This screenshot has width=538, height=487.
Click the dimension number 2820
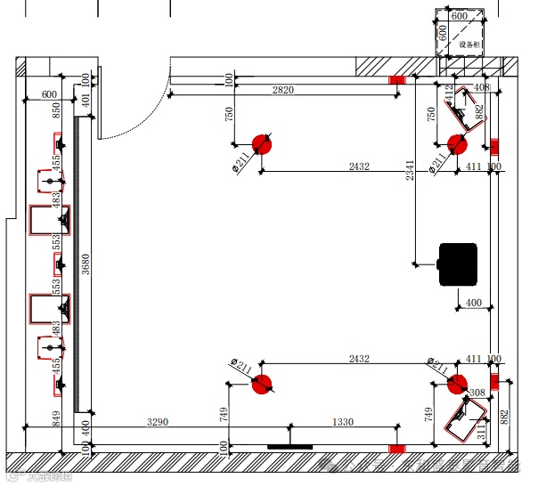[283, 91]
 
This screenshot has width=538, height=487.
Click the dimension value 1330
[343, 422]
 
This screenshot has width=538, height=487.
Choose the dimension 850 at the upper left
[56, 110]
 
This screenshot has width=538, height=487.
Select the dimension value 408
[482, 87]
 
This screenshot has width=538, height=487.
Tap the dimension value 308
[477, 393]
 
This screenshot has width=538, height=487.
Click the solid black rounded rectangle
[458, 264]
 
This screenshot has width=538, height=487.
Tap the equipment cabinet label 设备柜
[469, 44]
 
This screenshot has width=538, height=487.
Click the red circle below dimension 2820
[262, 144]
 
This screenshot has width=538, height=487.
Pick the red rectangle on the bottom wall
[396, 447]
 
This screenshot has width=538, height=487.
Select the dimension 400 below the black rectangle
[473, 303]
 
